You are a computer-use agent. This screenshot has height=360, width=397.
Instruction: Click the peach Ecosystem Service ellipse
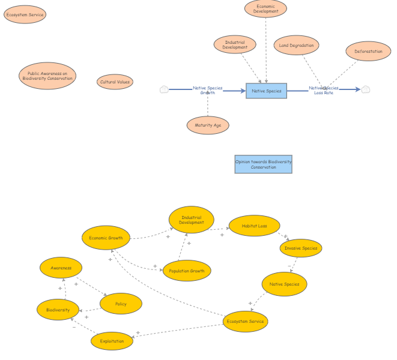coord(25,14)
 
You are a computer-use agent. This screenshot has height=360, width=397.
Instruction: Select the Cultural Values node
coord(115,82)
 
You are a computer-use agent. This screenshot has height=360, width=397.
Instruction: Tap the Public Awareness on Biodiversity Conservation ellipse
coord(47,76)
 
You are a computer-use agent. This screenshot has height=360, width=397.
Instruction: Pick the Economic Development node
coord(265,8)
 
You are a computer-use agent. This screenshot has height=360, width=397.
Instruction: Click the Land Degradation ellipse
coord(296,45)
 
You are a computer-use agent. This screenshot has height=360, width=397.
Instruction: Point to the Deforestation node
coord(368,52)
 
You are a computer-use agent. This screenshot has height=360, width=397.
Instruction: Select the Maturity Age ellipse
coord(208,125)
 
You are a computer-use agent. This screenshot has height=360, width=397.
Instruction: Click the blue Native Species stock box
coord(266,91)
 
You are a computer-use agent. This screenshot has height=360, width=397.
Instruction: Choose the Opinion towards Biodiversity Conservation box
coord(263,164)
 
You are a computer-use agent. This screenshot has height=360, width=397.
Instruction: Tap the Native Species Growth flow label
coord(208,91)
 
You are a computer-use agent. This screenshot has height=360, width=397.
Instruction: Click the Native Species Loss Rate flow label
coord(324,91)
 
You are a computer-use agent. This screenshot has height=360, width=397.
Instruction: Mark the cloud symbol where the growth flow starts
coord(164,89)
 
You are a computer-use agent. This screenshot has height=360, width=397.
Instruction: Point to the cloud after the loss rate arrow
coord(366,89)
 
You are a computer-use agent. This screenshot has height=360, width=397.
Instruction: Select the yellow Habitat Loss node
coord(255,226)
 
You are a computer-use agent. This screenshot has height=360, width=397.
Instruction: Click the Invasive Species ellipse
coord(301,248)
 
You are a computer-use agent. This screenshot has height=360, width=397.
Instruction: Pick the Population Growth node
coord(187,271)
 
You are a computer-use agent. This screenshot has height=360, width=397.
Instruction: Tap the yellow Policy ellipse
coord(121,304)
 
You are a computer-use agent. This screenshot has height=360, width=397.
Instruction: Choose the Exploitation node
coord(112,341)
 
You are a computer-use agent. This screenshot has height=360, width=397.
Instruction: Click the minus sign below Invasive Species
coord(289,266)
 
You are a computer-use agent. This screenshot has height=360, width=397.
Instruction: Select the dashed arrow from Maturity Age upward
coord(208,103)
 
